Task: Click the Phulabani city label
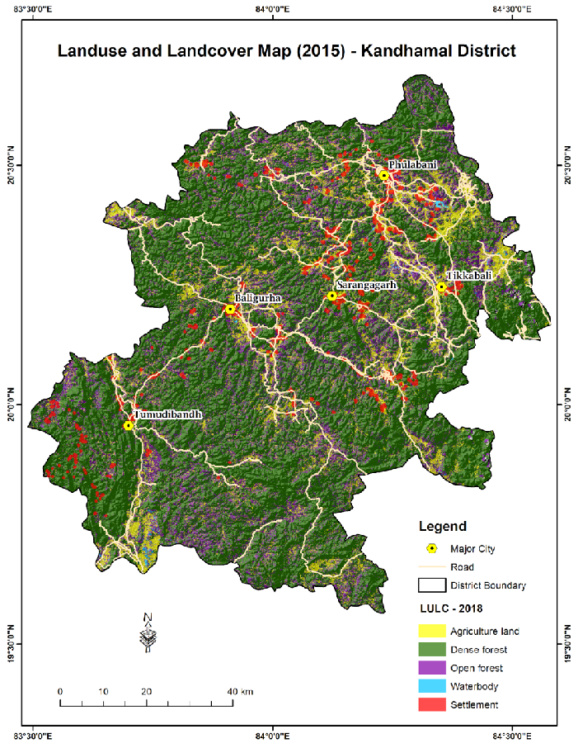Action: pyautogui.click(x=413, y=165)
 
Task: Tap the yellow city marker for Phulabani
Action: pyautogui.click(x=384, y=175)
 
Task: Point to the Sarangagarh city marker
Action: pyautogui.click(x=331, y=296)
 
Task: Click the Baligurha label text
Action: pyautogui.click(x=260, y=297)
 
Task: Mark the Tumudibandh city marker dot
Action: pyautogui.click(x=128, y=426)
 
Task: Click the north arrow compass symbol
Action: pyautogui.click(x=148, y=632)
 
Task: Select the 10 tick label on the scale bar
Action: pyautogui.click(x=103, y=691)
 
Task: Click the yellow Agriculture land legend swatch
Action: pyautogui.click(x=431, y=632)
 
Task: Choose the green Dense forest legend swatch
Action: pyautogui.click(x=431, y=650)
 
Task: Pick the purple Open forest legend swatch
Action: pyautogui.click(x=431, y=668)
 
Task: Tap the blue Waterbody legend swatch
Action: pyautogui.click(x=431, y=686)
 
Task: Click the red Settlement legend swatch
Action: pyautogui.click(x=431, y=704)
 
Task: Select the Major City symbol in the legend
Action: pyautogui.click(x=431, y=548)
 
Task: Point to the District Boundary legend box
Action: pyautogui.click(x=431, y=585)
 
